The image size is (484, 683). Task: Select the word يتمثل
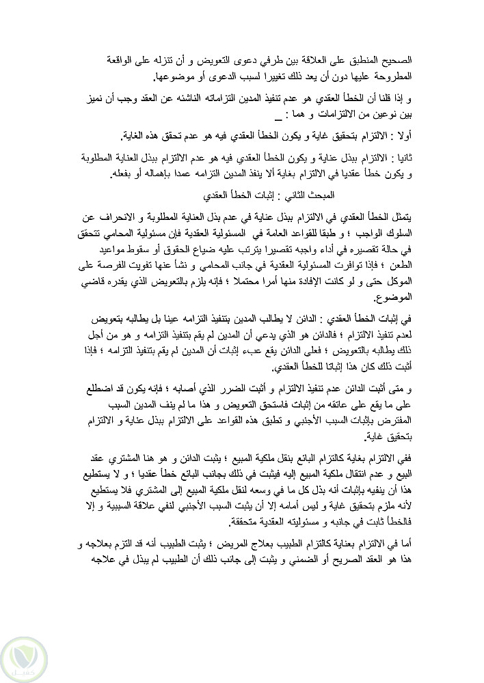click(x=435, y=217)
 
